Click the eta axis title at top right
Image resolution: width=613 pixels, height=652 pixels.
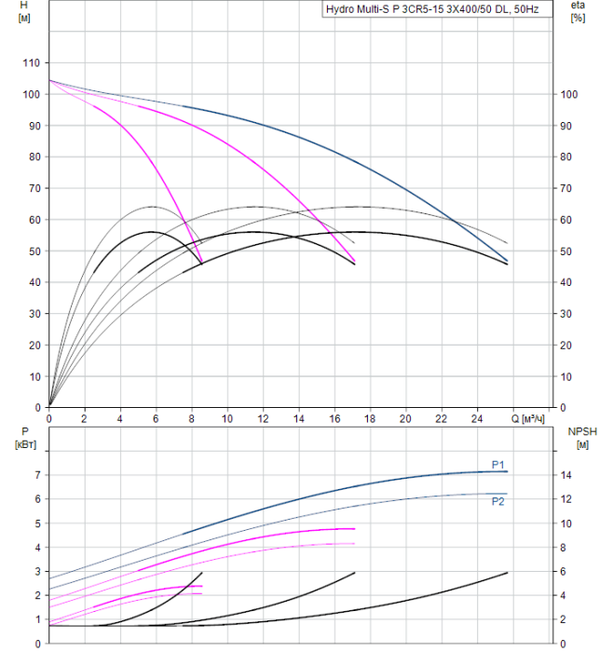tap(578, 6)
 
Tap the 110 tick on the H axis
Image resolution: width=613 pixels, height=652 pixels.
tap(32, 62)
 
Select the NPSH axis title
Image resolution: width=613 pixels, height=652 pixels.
tap(580, 430)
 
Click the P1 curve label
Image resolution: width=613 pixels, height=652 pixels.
tap(498, 465)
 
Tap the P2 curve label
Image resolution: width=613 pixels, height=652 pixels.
tap(498, 501)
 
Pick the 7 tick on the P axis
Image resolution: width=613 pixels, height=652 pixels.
tap(38, 475)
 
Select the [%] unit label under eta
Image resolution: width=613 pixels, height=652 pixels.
tap(578, 19)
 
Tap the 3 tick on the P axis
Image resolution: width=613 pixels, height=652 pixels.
tap(38, 571)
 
